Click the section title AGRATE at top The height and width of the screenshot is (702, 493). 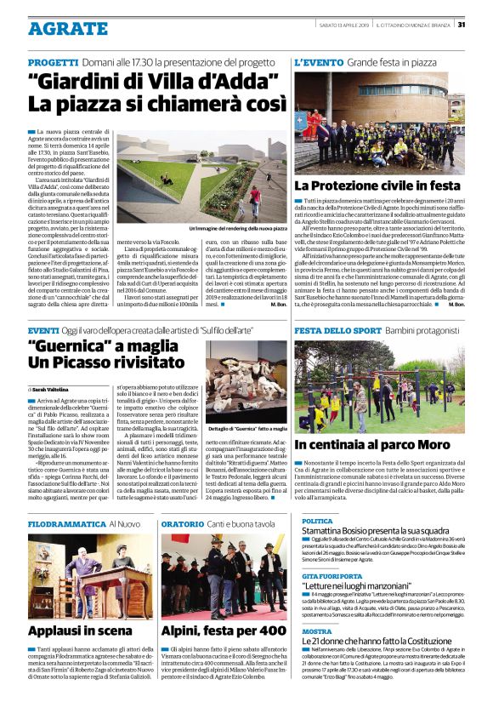tap(67, 28)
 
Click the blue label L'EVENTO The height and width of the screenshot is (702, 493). tap(318, 64)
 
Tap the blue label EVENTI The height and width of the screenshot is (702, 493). tap(43, 329)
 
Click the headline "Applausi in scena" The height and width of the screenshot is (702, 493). tap(80, 631)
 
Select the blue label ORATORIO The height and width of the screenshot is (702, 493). tap(182, 525)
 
